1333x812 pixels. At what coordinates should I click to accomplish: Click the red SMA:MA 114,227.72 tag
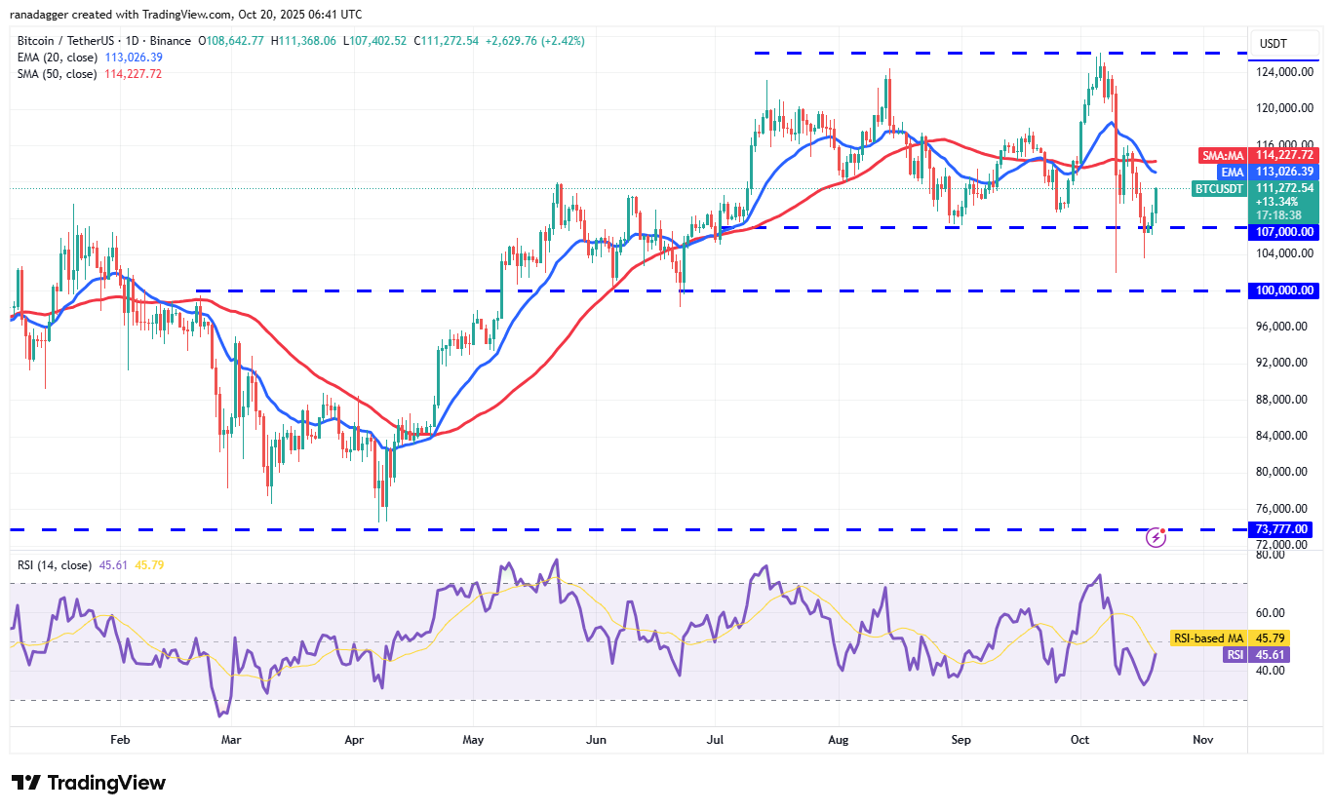[x=1257, y=155]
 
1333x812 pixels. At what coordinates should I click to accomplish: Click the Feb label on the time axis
[x=119, y=740]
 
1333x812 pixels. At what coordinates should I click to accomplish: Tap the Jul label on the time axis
[x=716, y=740]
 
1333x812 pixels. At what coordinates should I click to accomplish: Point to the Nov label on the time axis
[x=1202, y=740]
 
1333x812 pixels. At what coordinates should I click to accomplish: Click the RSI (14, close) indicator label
[x=54, y=565]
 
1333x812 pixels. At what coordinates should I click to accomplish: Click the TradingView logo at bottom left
[x=89, y=783]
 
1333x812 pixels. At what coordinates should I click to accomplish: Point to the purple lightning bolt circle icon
[x=1156, y=537]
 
